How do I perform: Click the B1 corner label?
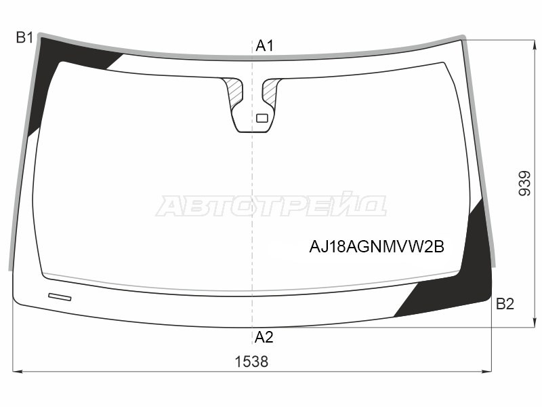[x=24, y=37]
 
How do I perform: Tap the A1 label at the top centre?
[x=264, y=45]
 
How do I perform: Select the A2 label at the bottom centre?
[x=264, y=336]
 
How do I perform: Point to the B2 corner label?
[x=505, y=303]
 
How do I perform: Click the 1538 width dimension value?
[x=251, y=362]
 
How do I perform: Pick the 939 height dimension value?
[x=524, y=183]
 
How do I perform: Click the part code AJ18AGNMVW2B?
[x=377, y=247]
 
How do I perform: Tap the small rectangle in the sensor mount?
[x=262, y=118]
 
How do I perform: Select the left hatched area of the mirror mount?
[x=233, y=92]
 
